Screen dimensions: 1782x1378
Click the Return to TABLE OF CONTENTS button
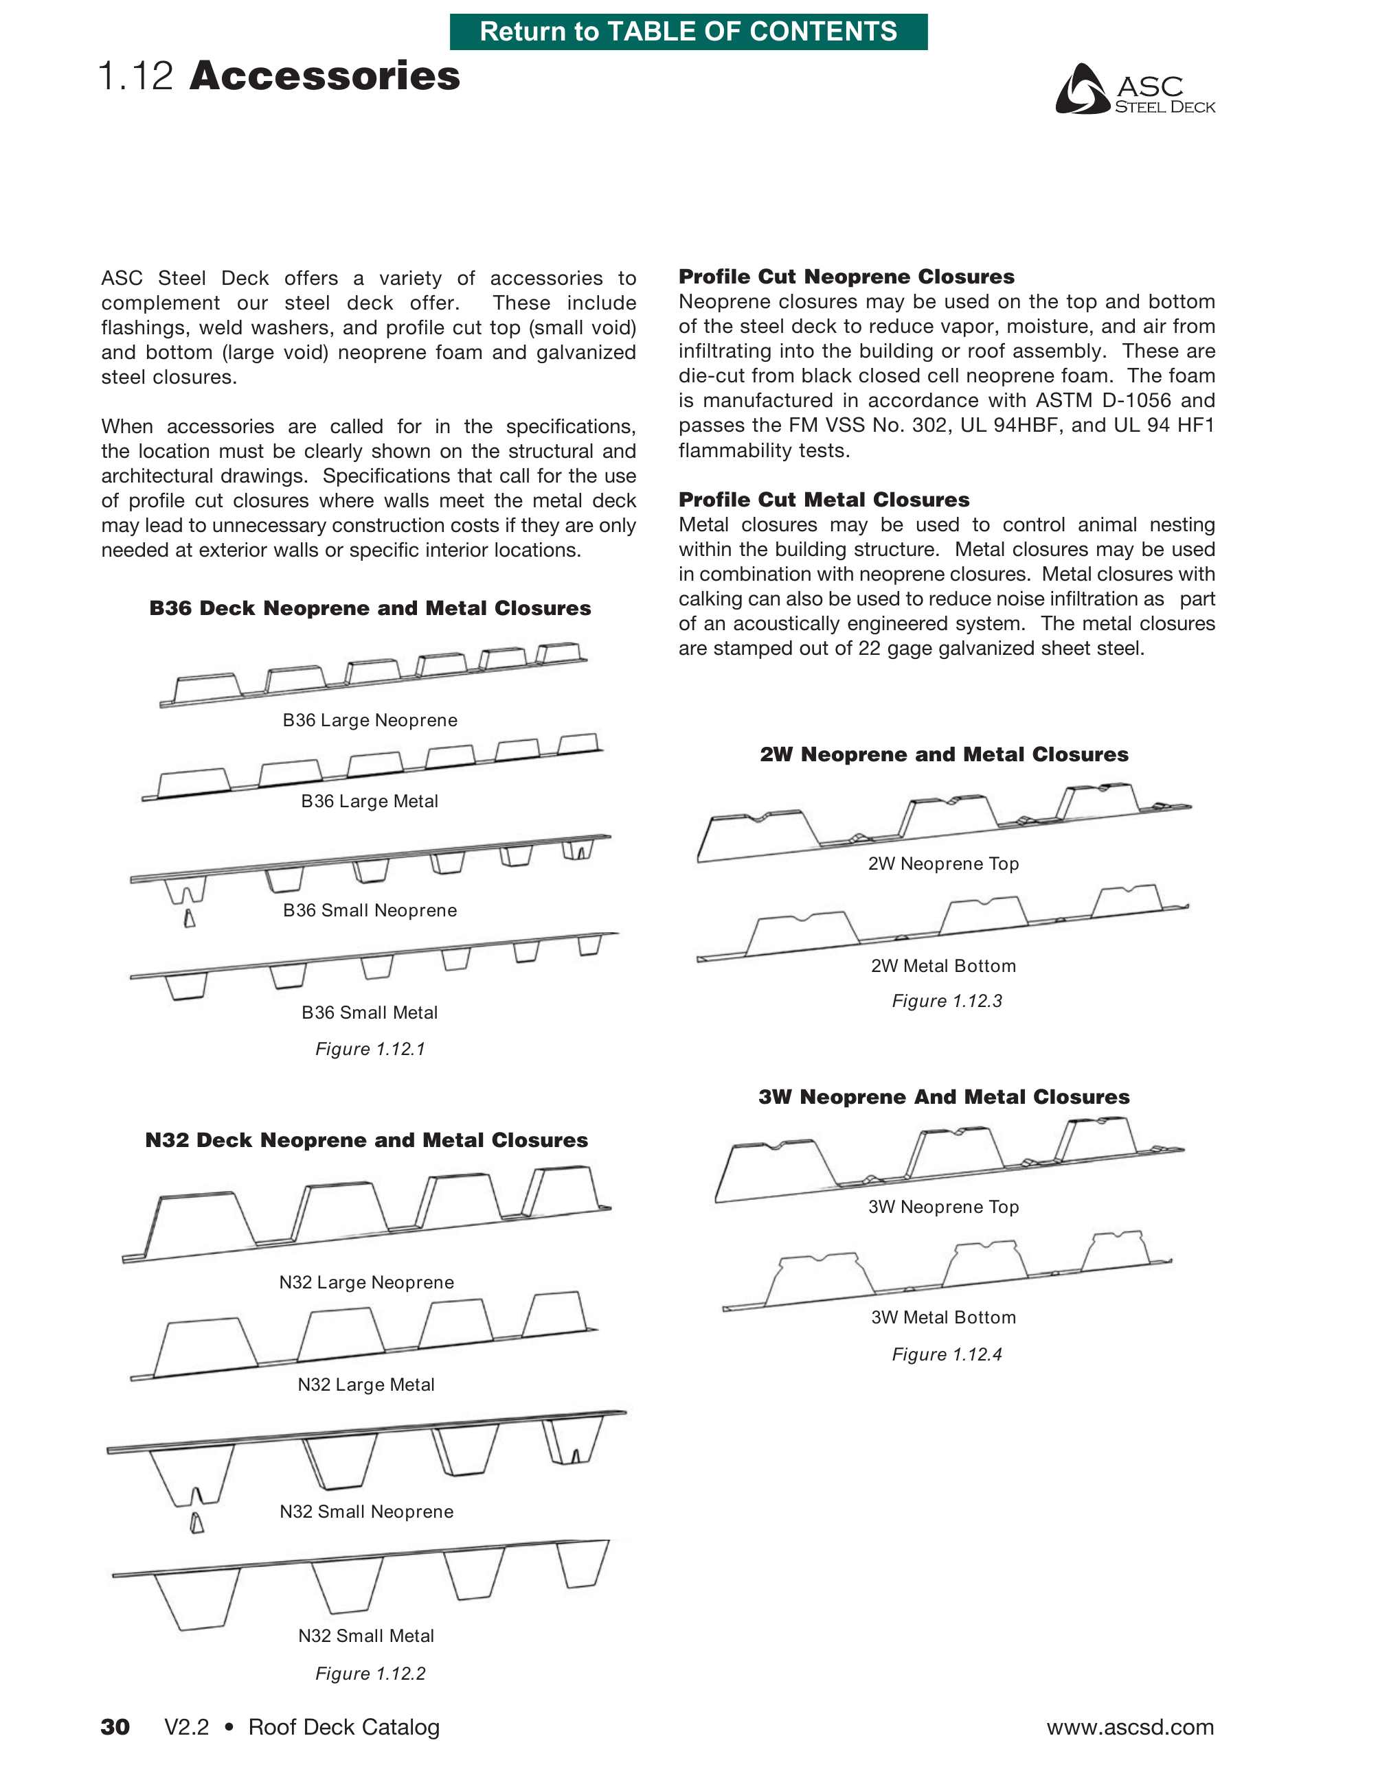click(x=688, y=32)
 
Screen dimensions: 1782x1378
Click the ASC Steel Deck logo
click(x=1135, y=90)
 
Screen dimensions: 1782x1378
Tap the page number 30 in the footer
click(x=115, y=1726)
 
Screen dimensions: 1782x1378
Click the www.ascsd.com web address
click(x=1130, y=1726)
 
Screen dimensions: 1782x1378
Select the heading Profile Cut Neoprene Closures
click(x=846, y=277)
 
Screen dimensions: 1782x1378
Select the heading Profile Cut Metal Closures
click(x=824, y=499)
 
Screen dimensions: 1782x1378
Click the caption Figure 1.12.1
click(x=370, y=1048)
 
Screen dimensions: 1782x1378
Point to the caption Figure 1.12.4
click(x=946, y=1354)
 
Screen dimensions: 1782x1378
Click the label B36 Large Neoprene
click(x=370, y=719)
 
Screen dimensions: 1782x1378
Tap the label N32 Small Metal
click(x=365, y=1635)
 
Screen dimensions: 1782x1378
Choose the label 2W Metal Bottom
click(x=943, y=965)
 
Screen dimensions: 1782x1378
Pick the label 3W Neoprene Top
click(x=943, y=1206)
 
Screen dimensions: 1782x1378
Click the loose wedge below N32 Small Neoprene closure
click(x=196, y=1523)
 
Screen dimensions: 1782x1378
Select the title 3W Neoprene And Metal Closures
click(x=944, y=1097)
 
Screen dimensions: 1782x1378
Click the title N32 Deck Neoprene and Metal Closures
click(x=367, y=1140)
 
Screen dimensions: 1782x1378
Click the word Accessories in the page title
click(x=324, y=76)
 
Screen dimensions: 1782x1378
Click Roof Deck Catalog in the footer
click(x=343, y=1726)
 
